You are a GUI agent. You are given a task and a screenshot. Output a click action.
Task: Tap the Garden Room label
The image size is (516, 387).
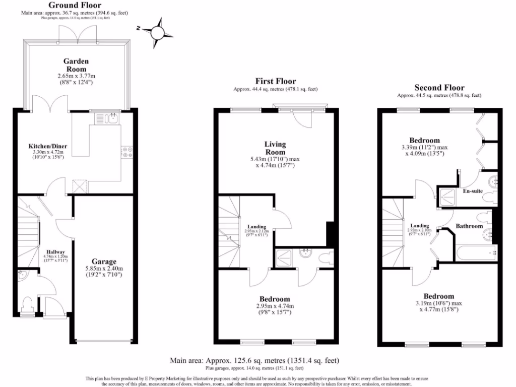coord(75,65)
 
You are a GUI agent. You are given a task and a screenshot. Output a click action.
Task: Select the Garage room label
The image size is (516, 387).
coord(104,262)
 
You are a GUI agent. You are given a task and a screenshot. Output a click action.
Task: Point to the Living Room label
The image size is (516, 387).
coord(275,148)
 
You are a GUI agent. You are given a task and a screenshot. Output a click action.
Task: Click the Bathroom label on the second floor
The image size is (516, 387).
coord(470,226)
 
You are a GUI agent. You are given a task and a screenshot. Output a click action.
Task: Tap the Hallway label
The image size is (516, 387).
coord(55,251)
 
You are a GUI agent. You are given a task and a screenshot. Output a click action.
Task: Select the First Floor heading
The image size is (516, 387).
coord(276,81)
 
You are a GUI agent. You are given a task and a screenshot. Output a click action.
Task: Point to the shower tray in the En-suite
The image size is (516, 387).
coord(446,198)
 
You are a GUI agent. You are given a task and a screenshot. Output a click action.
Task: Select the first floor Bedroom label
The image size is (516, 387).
coord(275,299)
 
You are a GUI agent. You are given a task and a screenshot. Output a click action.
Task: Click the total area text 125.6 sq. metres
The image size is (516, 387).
coord(254,360)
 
